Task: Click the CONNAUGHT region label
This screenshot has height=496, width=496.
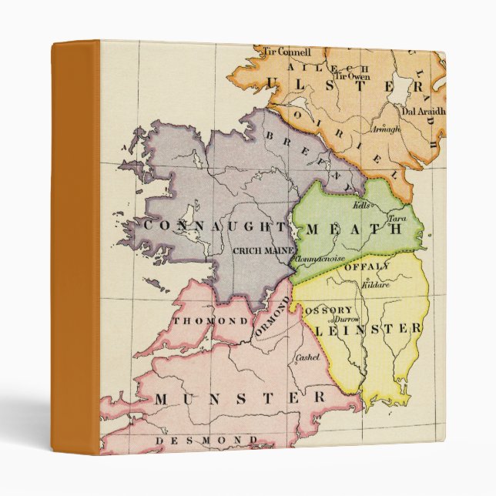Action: tap(204, 226)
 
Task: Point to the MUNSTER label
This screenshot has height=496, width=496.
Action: tap(240, 398)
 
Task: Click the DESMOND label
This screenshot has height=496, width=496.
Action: tap(206, 440)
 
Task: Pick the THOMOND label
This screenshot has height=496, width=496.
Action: tap(211, 320)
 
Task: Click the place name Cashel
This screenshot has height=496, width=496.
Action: tap(307, 357)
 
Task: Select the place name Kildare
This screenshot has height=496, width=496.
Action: tap(375, 285)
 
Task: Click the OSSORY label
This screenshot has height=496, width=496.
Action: tap(328, 310)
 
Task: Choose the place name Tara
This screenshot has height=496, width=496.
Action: tap(397, 219)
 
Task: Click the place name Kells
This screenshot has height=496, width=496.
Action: tap(361, 206)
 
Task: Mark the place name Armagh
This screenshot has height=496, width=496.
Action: tap(386, 129)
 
